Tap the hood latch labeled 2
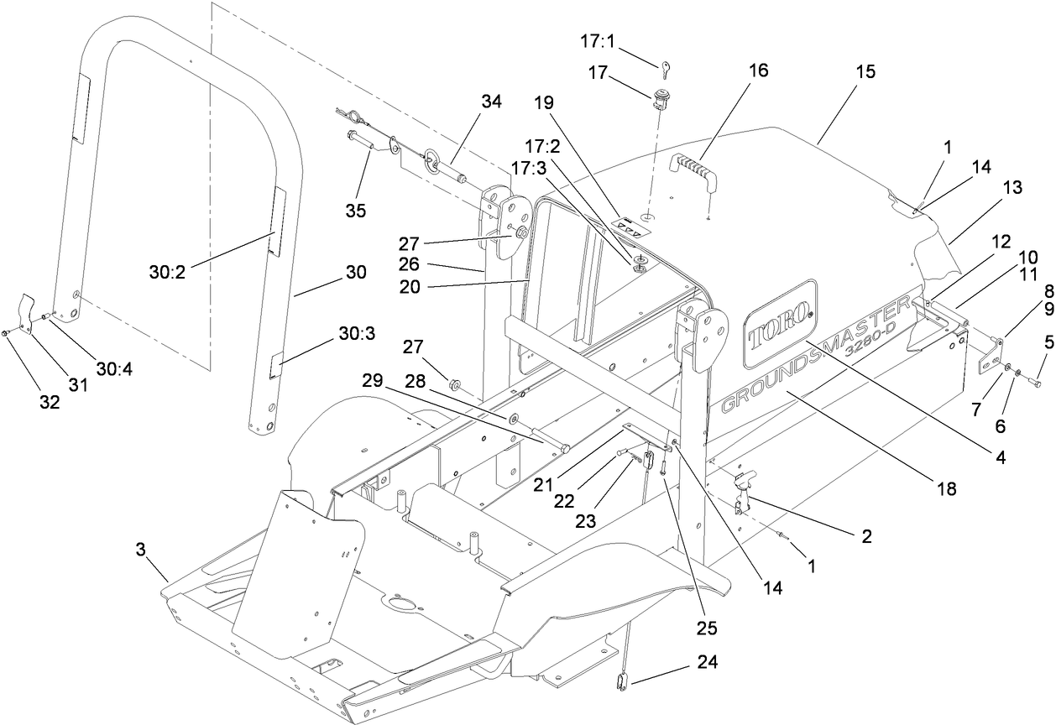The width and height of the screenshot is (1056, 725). coord(742,491)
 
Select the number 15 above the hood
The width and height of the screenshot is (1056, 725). coord(865,72)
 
